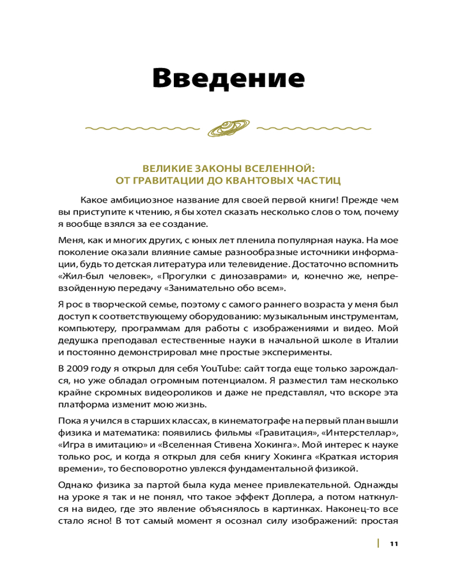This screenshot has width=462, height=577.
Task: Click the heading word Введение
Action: coord(228,78)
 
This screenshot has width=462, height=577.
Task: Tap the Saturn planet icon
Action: coord(229,128)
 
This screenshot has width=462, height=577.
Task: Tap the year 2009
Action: coord(81,368)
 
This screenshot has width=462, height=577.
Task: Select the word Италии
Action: coord(383,340)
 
